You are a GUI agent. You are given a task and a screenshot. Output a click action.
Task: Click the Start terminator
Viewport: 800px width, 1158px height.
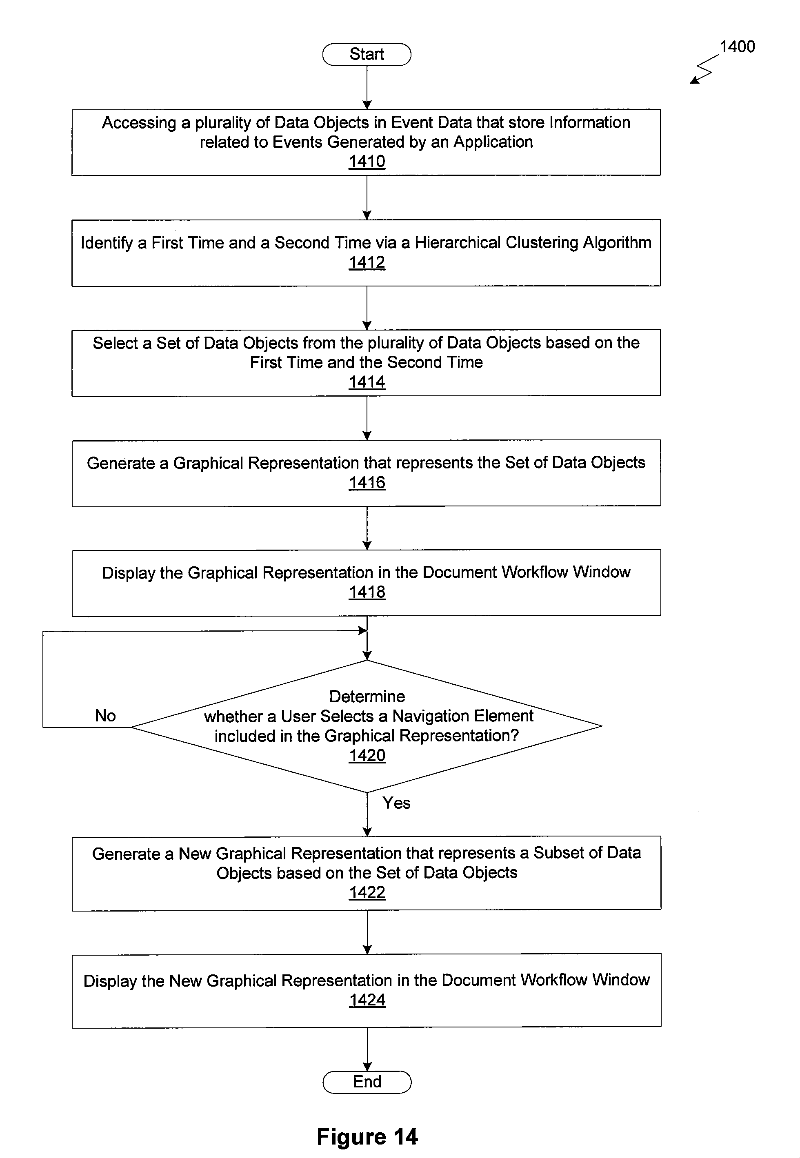point(367,54)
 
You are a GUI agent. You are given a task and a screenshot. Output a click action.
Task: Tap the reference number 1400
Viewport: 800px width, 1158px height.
point(737,47)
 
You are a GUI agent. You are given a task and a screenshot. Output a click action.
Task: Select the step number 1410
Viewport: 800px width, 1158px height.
point(367,161)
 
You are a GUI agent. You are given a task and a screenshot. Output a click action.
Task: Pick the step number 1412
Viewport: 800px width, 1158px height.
point(367,262)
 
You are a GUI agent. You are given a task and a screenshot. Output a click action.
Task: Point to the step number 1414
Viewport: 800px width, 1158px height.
point(367,382)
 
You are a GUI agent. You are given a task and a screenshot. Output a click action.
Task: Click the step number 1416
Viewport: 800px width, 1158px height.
point(367,483)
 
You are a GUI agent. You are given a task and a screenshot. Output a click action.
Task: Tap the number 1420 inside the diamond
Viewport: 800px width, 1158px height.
point(367,755)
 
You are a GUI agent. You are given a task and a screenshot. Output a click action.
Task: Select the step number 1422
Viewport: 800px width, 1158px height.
point(367,892)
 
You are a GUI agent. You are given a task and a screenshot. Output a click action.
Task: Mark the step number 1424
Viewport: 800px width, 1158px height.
point(367,1000)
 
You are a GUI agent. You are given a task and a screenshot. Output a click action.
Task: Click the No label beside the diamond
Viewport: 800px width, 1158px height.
point(105,716)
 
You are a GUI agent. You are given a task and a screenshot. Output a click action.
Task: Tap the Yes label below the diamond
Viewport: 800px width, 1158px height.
point(396,803)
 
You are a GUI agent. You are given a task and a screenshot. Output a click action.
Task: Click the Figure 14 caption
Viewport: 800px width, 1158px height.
point(367,1136)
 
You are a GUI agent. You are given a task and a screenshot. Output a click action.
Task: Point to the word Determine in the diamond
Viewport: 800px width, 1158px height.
point(367,697)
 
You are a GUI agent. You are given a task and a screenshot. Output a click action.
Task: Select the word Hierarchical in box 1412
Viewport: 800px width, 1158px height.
point(458,242)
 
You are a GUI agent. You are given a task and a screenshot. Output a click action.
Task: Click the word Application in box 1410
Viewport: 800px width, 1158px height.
point(493,142)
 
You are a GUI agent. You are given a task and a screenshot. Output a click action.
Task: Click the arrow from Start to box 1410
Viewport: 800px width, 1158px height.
point(367,88)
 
